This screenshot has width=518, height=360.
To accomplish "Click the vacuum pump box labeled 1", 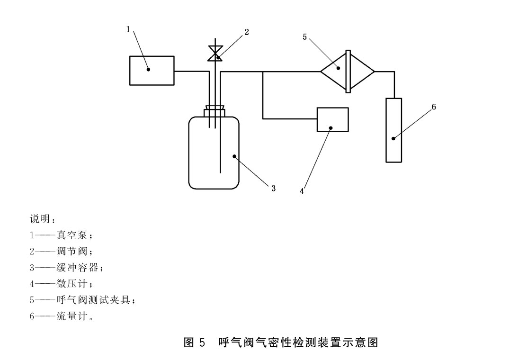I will tap(152, 70).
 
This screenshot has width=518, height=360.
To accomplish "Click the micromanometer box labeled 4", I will tap(332, 119).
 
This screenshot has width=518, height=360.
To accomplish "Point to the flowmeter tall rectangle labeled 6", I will tap(393, 130).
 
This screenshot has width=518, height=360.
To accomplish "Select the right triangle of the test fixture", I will tap(362, 72).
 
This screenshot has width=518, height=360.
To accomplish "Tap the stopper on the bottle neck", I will tap(214, 111).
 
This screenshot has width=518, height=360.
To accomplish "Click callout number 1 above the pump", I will tap(128, 29).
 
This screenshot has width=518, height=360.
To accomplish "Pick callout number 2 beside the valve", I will tap(247, 32).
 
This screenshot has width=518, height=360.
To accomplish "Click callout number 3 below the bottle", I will tap(273, 189).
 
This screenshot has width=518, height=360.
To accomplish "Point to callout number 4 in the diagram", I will tap(302, 191).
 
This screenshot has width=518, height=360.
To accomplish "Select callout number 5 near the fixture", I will tap(305, 36).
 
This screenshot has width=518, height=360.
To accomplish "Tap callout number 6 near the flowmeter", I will tap(433, 107).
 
